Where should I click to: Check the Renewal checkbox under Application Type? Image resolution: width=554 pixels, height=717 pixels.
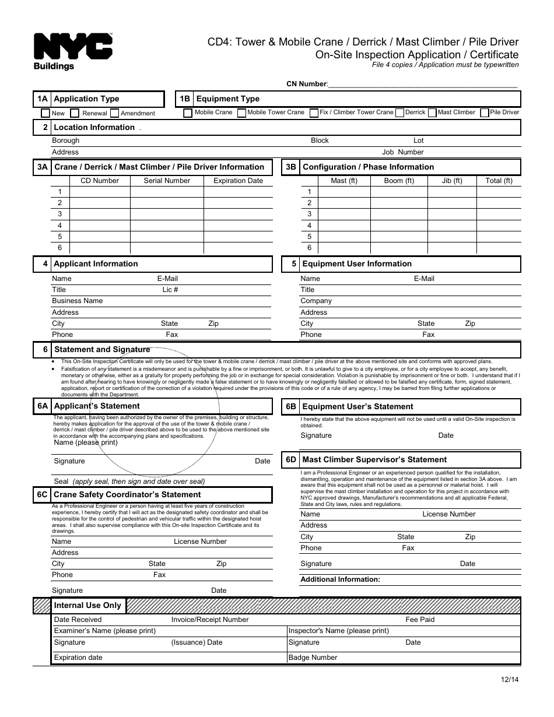(x=75, y=113)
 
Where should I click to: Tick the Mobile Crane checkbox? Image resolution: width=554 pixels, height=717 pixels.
(x=188, y=113)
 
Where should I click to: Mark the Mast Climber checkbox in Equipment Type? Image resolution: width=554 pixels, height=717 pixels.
(x=432, y=113)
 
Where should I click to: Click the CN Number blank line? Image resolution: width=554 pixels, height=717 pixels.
(x=423, y=85)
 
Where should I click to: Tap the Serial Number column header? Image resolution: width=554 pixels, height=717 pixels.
(x=167, y=181)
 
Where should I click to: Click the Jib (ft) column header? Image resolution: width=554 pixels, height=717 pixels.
(x=452, y=181)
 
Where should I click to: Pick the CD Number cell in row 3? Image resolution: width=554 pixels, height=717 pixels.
(x=99, y=214)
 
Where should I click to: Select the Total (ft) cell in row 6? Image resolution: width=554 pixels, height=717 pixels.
(x=499, y=248)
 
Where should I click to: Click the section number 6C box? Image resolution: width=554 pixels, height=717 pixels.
(x=42, y=495)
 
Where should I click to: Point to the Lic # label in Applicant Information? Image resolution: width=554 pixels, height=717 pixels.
(x=170, y=290)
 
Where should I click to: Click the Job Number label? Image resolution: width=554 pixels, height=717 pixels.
(x=402, y=152)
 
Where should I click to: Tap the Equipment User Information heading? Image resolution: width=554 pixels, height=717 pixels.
(x=357, y=264)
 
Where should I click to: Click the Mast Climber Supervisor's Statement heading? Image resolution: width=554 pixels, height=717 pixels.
(x=374, y=460)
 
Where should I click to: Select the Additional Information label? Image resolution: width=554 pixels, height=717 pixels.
(x=340, y=579)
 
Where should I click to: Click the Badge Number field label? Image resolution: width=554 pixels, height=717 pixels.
(x=313, y=658)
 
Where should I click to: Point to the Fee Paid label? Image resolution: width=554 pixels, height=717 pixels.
(x=420, y=620)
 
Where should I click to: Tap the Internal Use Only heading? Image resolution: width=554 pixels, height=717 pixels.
(x=87, y=606)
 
